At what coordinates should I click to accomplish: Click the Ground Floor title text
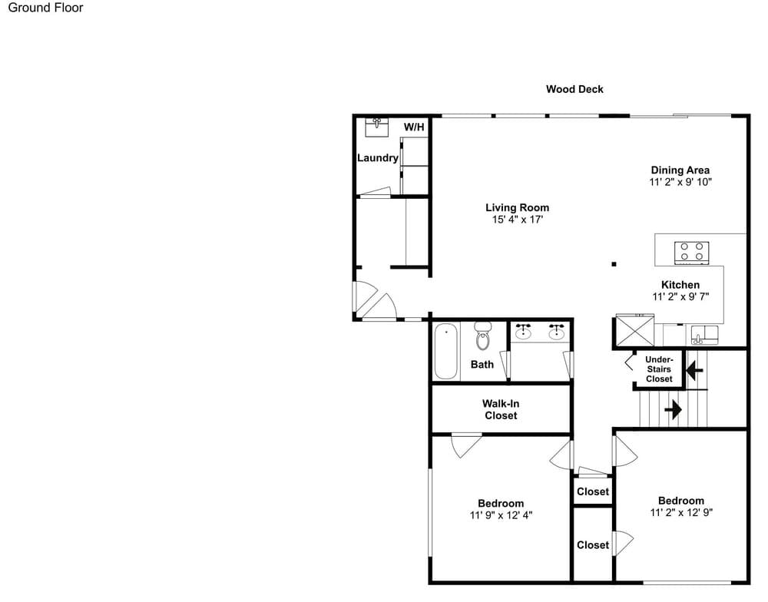click(45, 8)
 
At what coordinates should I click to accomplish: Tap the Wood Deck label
click(574, 89)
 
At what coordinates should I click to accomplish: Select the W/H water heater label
click(414, 127)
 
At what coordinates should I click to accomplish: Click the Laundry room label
click(378, 157)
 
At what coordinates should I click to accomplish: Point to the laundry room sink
click(377, 127)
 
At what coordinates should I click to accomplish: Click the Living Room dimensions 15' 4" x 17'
click(517, 220)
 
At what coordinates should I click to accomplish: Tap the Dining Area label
click(680, 170)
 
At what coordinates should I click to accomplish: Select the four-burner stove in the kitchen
click(692, 253)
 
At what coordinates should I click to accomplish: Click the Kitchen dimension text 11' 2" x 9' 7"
click(680, 296)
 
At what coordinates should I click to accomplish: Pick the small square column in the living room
click(614, 264)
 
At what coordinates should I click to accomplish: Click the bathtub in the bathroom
click(445, 351)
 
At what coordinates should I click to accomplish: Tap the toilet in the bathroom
click(483, 336)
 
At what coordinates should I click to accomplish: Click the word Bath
click(482, 365)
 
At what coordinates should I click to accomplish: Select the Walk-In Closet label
click(501, 409)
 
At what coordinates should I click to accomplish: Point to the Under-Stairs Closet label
click(659, 369)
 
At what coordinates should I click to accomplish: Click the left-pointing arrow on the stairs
click(694, 370)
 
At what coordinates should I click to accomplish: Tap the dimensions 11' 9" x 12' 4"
click(501, 515)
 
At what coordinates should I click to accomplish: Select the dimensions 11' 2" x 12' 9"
click(681, 512)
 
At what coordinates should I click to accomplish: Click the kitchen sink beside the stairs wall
click(704, 335)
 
